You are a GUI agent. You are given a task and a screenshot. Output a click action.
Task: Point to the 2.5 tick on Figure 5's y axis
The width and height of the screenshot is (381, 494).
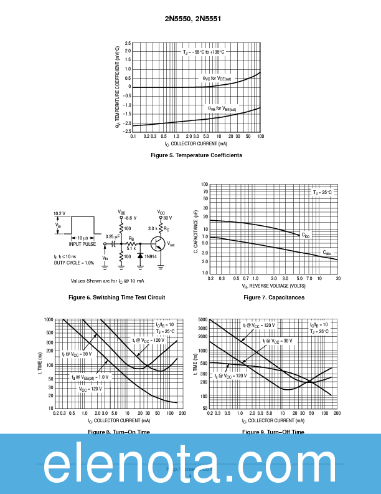pos(128,43)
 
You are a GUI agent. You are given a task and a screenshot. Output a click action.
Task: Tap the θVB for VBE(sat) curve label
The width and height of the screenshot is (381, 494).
pos(222,109)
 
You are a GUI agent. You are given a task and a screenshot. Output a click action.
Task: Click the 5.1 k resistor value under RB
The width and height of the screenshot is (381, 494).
pos(131,248)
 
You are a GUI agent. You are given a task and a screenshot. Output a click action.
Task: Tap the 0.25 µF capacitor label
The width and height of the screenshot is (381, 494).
pos(113,236)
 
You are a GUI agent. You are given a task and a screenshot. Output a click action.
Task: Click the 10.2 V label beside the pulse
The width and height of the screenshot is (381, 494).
pos(59,213)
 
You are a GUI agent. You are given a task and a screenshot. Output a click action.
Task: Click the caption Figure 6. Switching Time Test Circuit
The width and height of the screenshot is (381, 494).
pos(116,298)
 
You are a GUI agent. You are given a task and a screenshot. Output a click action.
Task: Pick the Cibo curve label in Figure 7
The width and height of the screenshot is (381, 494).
pos(305,235)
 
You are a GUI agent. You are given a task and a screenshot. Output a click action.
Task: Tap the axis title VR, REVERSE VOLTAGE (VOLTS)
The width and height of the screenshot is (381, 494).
pos(274,286)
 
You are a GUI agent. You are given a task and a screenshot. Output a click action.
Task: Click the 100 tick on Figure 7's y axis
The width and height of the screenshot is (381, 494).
pos(204,185)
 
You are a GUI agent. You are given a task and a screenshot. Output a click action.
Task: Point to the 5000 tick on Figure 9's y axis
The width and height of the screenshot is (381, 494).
pos(202,319)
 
